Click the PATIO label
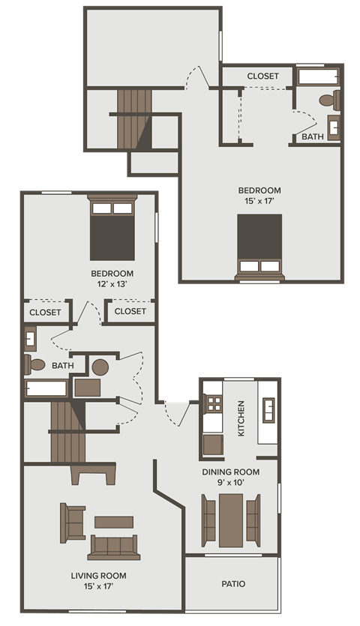(x=233, y=584)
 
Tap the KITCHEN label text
(x=241, y=419)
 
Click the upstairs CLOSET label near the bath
(x=262, y=76)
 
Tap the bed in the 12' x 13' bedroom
(x=112, y=229)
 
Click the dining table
(x=231, y=519)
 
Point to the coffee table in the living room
(x=114, y=522)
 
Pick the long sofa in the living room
(x=114, y=547)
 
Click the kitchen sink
(x=268, y=411)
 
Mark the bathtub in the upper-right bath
(x=319, y=76)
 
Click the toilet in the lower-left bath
(x=35, y=365)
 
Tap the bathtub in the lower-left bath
(x=46, y=388)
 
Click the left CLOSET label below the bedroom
(x=45, y=312)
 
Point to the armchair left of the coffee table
(x=73, y=523)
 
